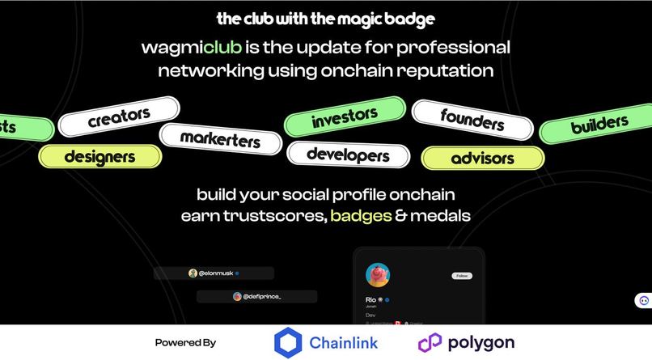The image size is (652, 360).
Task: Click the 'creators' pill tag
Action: click(119, 118)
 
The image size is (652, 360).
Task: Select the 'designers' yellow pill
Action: click(99, 156)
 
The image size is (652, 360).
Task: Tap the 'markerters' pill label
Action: click(220, 138)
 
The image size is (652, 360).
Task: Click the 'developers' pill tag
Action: click(349, 154)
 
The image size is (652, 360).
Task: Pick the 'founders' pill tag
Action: click(472, 120)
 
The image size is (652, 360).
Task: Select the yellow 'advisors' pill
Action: click(482, 158)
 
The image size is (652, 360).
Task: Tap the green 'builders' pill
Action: click(599, 125)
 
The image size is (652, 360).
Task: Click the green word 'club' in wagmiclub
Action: click(222, 47)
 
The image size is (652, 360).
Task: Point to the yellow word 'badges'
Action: click(361, 216)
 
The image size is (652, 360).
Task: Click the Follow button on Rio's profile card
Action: click(462, 276)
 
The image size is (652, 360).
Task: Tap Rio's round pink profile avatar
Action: click(378, 275)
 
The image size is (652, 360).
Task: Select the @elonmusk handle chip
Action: click(214, 273)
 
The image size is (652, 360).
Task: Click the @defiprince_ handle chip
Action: click(256, 297)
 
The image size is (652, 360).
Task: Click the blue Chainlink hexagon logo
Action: click(288, 342)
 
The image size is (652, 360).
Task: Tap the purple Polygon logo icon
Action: click(430, 342)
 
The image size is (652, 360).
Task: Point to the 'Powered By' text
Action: click(185, 343)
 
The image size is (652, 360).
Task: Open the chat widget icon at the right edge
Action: click(644, 300)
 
